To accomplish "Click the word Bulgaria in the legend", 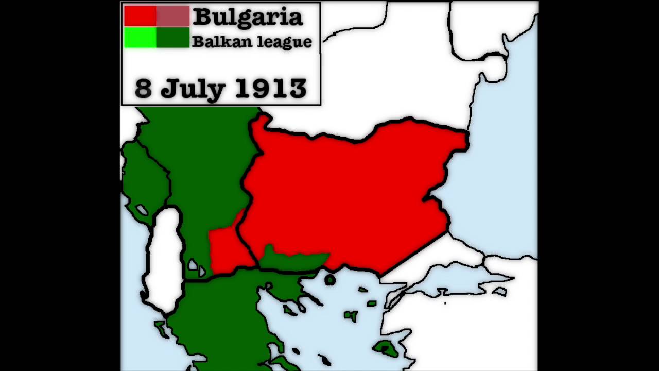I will pyautogui.click(x=248, y=17).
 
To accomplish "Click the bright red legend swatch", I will pyautogui.click(x=140, y=16).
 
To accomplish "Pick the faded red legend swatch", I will pyautogui.click(x=173, y=16).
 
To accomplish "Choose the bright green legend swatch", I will pyautogui.click(x=140, y=38).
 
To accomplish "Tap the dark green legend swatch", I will pyautogui.click(x=173, y=38).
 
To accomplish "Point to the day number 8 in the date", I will pyautogui.click(x=143, y=89).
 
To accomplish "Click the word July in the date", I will pyautogui.click(x=193, y=89).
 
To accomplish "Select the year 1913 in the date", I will pyautogui.click(x=271, y=89).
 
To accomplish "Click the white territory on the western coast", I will pyautogui.click(x=164, y=258).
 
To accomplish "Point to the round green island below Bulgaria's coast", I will pyautogui.click(x=330, y=280).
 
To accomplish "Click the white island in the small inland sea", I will pyautogui.click(x=499, y=292).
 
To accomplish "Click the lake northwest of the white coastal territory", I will pyautogui.click(x=141, y=210).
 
